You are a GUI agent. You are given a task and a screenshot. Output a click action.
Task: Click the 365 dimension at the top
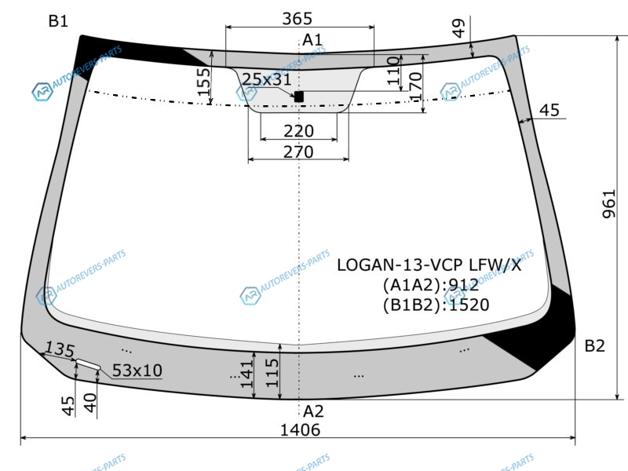click(x=297, y=18)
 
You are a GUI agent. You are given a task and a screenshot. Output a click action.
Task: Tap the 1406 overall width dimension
click(x=300, y=430)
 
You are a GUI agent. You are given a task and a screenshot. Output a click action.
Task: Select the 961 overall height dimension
click(x=609, y=204)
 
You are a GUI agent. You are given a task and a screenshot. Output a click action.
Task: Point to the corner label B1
click(x=58, y=21)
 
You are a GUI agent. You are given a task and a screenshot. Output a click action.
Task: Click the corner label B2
click(x=594, y=345)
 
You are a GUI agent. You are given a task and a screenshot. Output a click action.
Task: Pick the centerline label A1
click(x=312, y=40)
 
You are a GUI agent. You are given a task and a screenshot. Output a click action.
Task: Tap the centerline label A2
click(x=313, y=411)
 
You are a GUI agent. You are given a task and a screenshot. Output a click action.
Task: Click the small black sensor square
click(x=299, y=97)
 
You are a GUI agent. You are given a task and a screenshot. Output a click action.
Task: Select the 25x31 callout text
click(x=267, y=79)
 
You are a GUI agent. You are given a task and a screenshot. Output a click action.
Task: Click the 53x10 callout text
click(x=137, y=371)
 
